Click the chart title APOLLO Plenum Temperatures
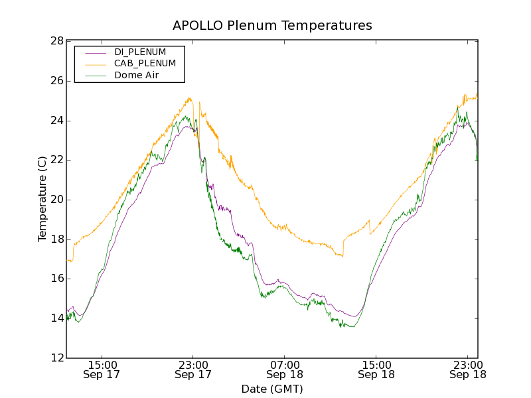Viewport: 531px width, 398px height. [x=272, y=26]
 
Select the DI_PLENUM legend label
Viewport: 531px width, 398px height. [x=140, y=52]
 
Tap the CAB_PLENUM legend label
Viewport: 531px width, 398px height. [x=145, y=64]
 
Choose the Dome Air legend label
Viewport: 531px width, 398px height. [x=136, y=76]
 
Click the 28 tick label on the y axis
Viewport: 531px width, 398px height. [x=56, y=41]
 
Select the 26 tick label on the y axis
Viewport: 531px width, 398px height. [x=56, y=81]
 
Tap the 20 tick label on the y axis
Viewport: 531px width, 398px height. [x=56, y=200]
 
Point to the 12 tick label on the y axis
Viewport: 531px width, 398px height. [x=56, y=358]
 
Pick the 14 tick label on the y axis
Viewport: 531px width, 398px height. [x=56, y=318]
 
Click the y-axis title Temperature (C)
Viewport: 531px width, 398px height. [x=42, y=199]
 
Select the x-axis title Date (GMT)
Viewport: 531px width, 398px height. [x=272, y=389]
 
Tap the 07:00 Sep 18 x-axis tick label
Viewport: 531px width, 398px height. [x=284, y=369]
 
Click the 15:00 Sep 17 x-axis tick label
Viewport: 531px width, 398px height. [x=102, y=369]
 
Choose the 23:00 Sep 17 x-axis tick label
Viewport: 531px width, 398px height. [x=193, y=369]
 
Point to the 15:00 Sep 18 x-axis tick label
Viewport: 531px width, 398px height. [x=376, y=369]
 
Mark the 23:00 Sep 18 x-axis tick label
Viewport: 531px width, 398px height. [x=467, y=369]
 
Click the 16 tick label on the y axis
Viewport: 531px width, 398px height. [x=56, y=279]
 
